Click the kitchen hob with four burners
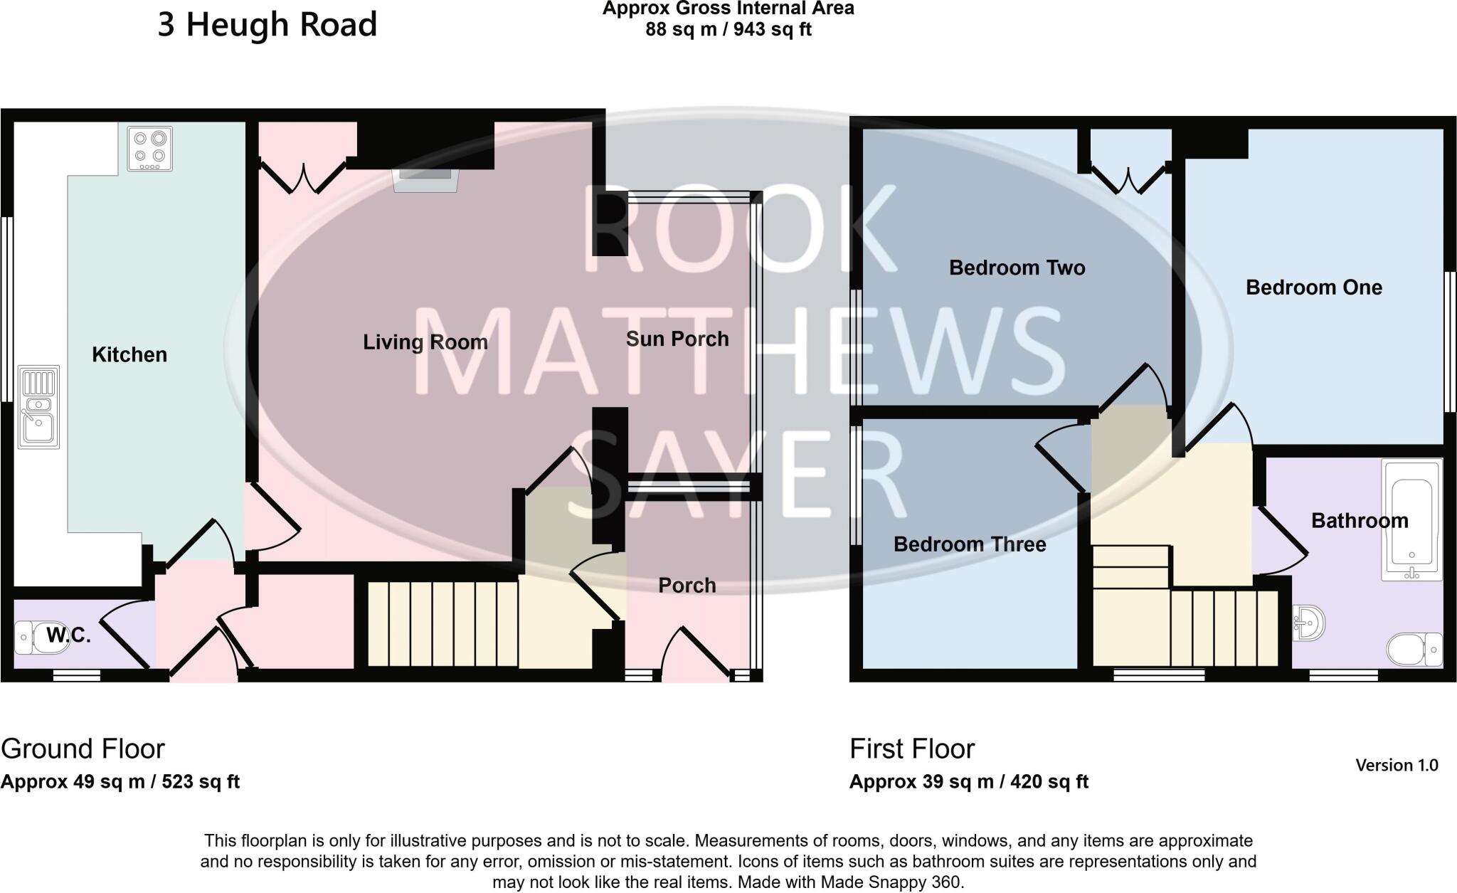149,149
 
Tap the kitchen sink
38,408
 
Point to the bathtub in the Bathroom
1411,519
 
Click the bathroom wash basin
1308,624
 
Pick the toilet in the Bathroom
1414,649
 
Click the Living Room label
425,342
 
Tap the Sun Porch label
677,339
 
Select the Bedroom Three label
969,544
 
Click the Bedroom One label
1313,287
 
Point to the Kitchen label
129,354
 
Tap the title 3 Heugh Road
267,25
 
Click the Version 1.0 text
1397,765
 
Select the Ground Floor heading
83,749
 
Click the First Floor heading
911,749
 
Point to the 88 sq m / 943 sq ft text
728,30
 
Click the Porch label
687,585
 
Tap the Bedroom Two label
1017,268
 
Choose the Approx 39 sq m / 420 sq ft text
968,781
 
